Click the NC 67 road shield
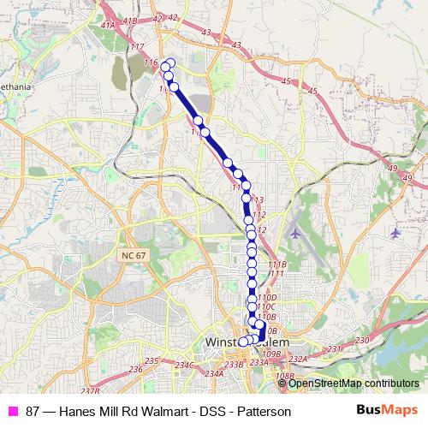tap(130, 256)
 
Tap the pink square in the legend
tap(13, 412)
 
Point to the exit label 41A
tap(108, 26)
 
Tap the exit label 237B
tap(91, 390)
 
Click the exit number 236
tap(134, 370)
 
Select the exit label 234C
tap(185, 365)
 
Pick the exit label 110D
tap(267, 296)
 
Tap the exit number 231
tap(335, 348)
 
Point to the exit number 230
tap(361, 341)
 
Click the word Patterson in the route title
tap(265, 412)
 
